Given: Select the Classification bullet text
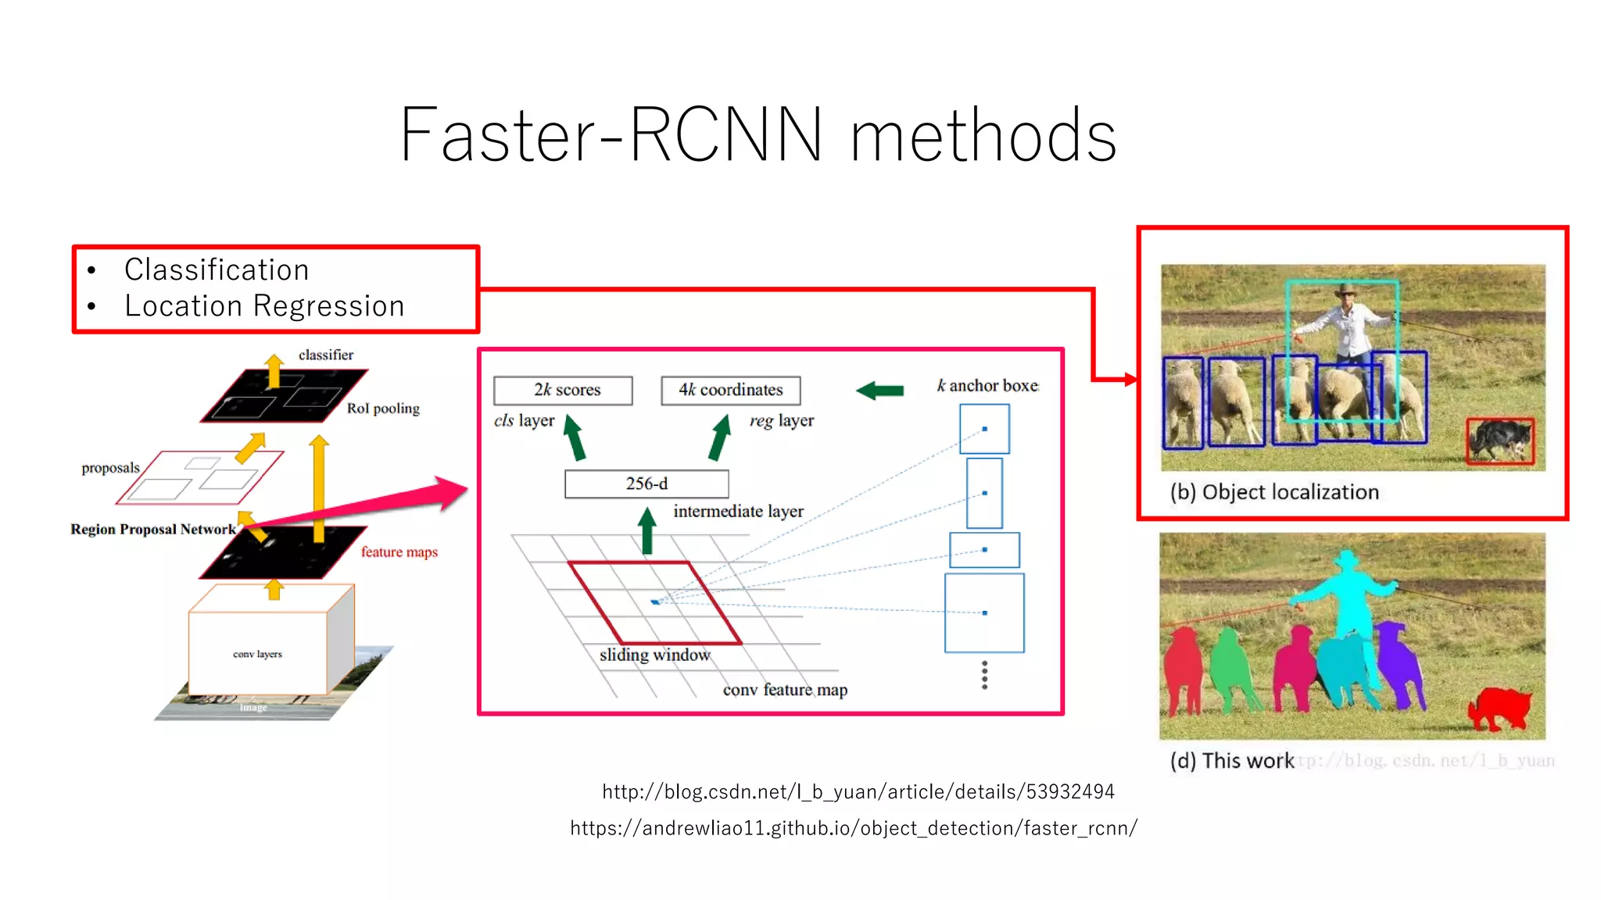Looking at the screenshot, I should point(217,270).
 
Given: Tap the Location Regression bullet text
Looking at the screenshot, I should point(264,306).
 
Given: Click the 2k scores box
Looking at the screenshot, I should point(563,390).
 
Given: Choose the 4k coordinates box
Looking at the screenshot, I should point(730,390).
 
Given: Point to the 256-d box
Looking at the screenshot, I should point(646,484).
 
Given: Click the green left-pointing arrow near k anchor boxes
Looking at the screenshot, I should point(880,390).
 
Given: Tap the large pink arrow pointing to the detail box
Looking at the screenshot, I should point(375,503).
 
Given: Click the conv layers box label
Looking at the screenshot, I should point(257,654).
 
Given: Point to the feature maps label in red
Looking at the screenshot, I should point(399,552).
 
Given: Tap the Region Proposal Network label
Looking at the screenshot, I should point(153,529).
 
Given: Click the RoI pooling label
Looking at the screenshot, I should point(383,408).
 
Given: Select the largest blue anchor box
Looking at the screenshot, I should point(984,612).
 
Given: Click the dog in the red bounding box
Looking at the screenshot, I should point(1499,441).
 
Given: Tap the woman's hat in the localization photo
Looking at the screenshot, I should point(1345,291).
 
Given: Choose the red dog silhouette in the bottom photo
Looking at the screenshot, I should point(1499,707).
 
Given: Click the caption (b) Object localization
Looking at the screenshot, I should point(1274,492).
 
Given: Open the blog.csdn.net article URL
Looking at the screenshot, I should point(858,791).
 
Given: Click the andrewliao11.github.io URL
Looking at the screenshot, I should point(853,828).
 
